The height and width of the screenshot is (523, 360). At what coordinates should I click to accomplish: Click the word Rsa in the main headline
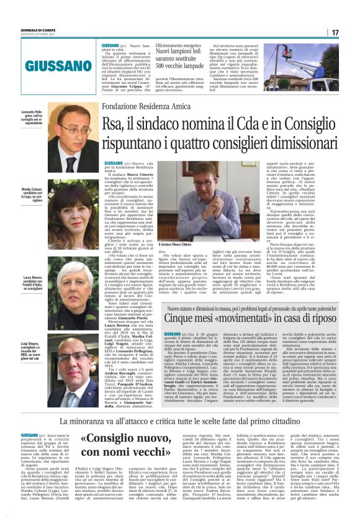click(x=115, y=125)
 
